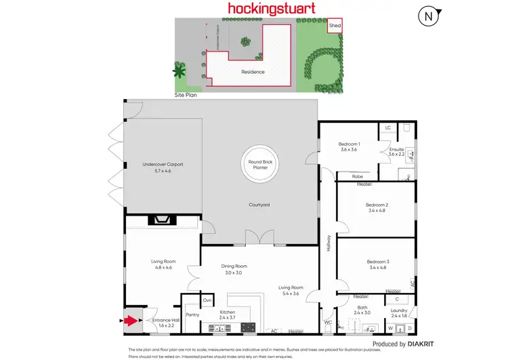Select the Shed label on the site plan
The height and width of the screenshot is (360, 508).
pyautogui.click(x=335, y=26)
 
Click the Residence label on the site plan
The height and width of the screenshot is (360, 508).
pyautogui.click(x=253, y=71)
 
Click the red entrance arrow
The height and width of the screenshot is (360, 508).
pyautogui.click(x=131, y=321)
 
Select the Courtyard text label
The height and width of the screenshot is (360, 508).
pyautogui.click(x=259, y=204)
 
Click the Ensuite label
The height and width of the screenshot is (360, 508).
pyautogui.click(x=396, y=151)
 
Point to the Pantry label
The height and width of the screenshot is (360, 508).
pyautogui.click(x=192, y=315)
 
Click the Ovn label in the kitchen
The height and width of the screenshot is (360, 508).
pyautogui.click(x=208, y=300)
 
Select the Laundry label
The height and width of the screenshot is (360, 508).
pyautogui.click(x=399, y=313)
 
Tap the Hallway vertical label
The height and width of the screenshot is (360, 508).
pyautogui.click(x=329, y=243)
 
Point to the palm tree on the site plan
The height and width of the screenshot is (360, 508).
pyautogui.click(x=179, y=70)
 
